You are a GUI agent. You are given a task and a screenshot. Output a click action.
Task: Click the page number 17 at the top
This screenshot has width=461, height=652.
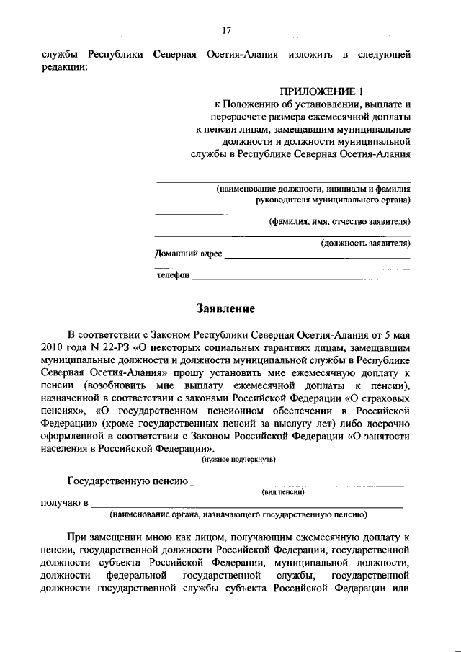226,30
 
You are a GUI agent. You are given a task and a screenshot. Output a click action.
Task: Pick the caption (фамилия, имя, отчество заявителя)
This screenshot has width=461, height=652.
339,222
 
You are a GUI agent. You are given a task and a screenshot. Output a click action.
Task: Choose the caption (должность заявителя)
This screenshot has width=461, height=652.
365,244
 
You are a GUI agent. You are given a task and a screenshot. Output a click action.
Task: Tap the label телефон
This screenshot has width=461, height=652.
173,276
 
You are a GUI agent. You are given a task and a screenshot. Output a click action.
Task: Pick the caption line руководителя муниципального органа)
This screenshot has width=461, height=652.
328,200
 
